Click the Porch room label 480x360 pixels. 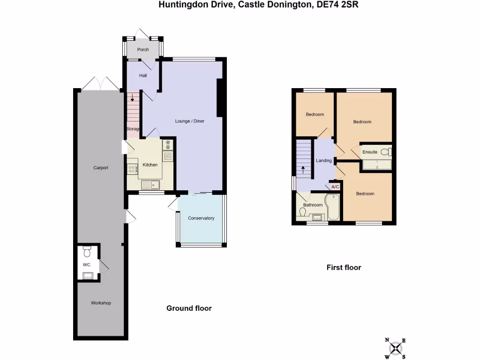coord(143,50)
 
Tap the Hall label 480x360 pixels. coord(143,75)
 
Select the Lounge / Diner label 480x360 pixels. coord(190,121)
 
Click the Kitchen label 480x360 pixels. coord(150,165)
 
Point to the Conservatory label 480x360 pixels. coord(201,218)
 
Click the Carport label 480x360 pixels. coord(101,168)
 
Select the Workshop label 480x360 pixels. coord(101,303)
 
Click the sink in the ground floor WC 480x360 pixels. coord(88,275)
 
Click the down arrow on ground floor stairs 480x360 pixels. coord(133,98)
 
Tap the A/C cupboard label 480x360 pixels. coord(335,187)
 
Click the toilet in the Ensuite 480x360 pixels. coord(386,152)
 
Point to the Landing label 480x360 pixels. coord(324,160)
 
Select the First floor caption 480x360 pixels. coord(344,268)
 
